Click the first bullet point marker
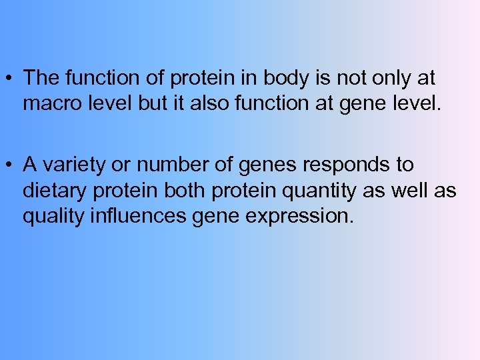point(11,79)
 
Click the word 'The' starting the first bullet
point(42,79)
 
